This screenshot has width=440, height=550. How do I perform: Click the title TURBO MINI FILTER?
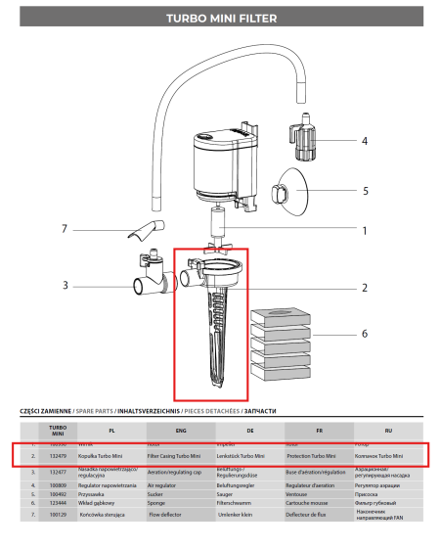(x=219, y=18)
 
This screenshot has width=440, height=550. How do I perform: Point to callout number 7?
(x=65, y=230)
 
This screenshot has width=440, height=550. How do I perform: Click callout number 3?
(x=65, y=286)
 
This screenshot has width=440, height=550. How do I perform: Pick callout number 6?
(x=336, y=334)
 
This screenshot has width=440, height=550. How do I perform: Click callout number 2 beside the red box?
(x=336, y=288)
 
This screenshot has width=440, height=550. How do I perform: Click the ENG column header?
(x=180, y=430)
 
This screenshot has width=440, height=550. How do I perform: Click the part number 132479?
(x=57, y=456)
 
